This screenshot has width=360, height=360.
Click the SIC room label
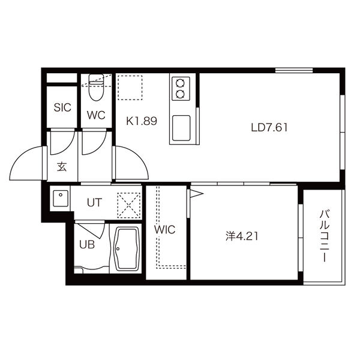(x=62, y=108)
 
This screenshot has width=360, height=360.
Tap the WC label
(x=97, y=115)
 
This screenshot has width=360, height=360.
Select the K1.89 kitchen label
(x=142, y=121)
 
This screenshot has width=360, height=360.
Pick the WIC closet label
(x=164, y=229)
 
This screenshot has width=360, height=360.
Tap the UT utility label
(x=94, y=202)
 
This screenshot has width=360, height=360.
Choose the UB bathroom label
(x=87, y=245)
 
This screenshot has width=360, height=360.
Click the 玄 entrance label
(x=62, y=166)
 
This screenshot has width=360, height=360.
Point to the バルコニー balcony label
(x=323, y=236)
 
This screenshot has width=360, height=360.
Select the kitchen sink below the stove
(x=181, y=127)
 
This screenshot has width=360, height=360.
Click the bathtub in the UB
(x=125, y=249)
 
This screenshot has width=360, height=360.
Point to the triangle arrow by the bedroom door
(x=196, y=193)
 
